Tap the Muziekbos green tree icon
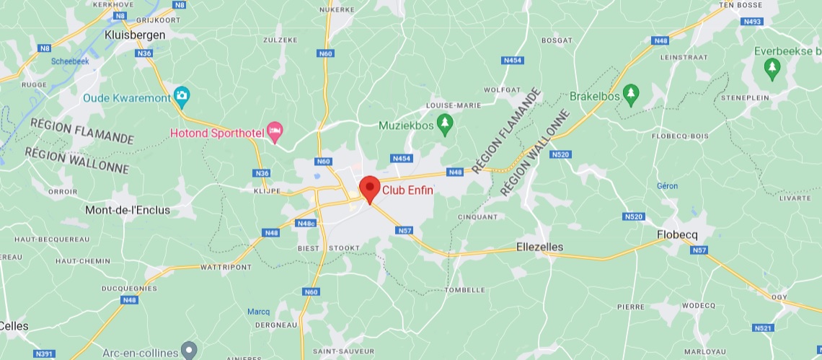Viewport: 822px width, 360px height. point(445,125)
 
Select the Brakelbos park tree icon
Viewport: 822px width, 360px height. point(631,95)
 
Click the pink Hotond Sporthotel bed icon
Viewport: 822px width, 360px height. point(274,132)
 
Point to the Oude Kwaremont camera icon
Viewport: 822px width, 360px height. point(182,96)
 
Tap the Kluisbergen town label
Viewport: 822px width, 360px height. point(135,35)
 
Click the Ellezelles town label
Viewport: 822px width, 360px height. point(540,247)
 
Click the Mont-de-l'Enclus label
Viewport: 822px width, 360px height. point(128,210)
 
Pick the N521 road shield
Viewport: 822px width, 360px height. point(762,328)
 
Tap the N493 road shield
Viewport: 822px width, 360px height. point(753,22)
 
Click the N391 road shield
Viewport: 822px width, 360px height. point(44,354)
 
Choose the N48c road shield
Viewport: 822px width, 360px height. point(306,223)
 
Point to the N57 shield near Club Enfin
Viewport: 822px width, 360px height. point(404,230)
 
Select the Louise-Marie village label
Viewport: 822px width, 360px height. point(454,105)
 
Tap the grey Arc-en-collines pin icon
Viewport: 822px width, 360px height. point(189,351)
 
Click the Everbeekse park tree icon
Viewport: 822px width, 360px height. point(772,69)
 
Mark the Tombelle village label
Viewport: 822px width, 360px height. point(465,289)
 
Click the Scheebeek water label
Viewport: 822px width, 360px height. point(70,61)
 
